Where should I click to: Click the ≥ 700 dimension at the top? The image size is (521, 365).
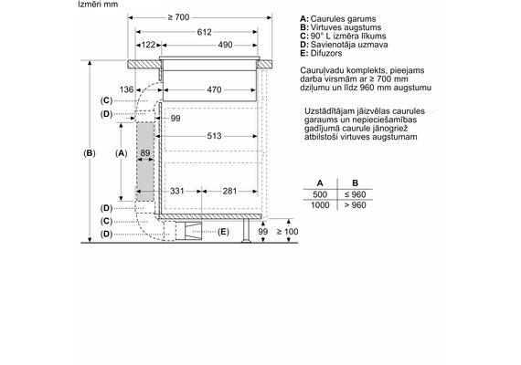178,17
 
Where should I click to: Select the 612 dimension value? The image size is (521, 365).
204,32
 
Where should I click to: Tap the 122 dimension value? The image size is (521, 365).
148,45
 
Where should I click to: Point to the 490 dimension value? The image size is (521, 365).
225,45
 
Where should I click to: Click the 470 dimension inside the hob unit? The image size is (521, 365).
214,89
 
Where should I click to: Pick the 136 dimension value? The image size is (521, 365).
126,89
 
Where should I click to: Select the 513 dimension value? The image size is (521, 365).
214,136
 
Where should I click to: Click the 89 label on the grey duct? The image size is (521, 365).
145,153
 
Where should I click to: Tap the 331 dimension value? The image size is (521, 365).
176,191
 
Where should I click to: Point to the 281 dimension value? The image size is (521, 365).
229,191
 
